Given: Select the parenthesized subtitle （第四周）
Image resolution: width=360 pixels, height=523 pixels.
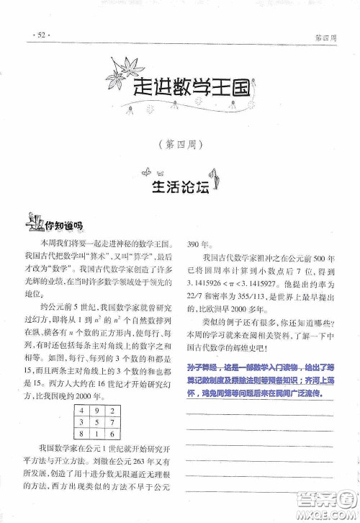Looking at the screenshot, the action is pyautogui.click(x=179, y=143).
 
